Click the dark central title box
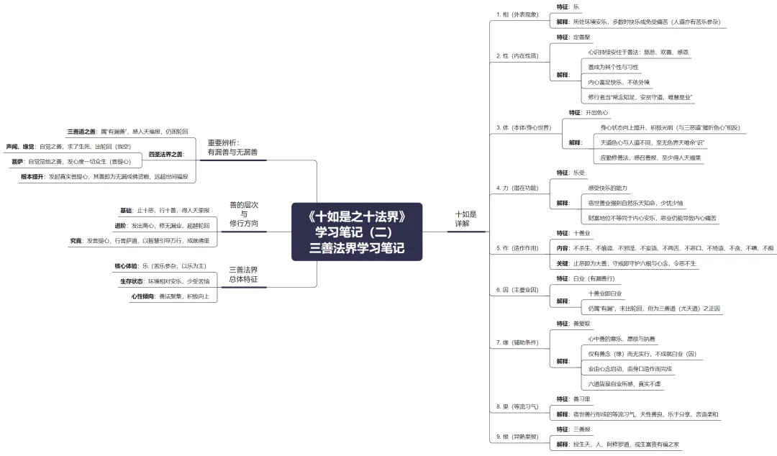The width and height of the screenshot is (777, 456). [x=357, y=232]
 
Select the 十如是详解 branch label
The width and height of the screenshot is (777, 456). [x=465, y=219]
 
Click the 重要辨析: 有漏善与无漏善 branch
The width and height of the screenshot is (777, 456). [x=232, y=147]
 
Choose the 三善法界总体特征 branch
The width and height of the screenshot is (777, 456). [x=243, y=274]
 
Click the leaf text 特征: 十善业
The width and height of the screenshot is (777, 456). [x=573, y=233]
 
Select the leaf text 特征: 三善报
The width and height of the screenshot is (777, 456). [x=573, y=429]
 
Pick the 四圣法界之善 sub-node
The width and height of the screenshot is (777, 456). [x=166, y=154]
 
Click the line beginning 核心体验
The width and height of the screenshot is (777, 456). [x=155, y=265]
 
